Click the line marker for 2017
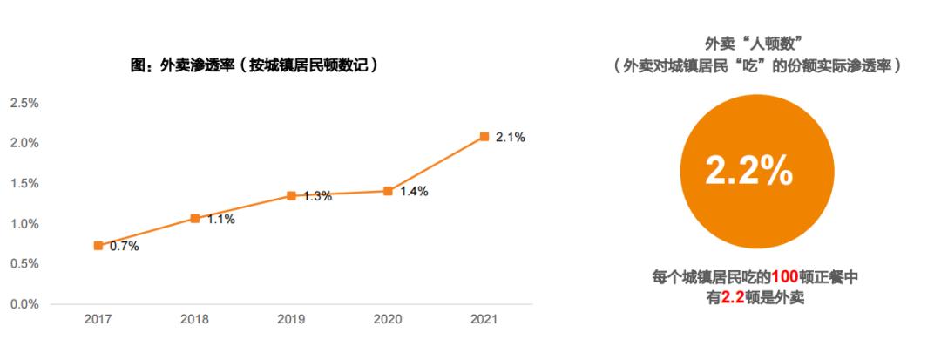[98, 246]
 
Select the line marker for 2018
[195, 218]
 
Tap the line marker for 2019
[292, 195]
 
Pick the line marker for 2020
[389, 190]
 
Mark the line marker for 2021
[484, 137]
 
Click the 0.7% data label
[124, 247]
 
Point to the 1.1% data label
[220, 220]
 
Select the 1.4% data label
[414, 192]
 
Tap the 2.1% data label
[511, 138]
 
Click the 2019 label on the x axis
[292, 320]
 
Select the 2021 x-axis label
[484, 320]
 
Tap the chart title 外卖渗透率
[253, 65]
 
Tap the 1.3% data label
[317, 197]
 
